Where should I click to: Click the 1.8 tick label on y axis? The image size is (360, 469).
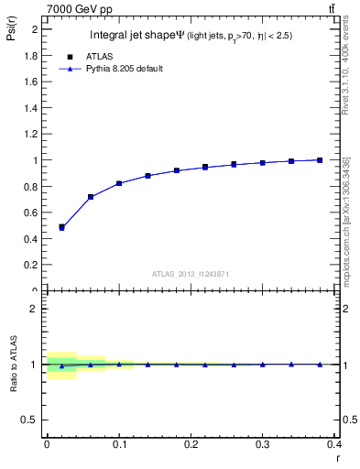tap(31, 55)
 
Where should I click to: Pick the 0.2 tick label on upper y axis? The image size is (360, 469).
tap(31, 265)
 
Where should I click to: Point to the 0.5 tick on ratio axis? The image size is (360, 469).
tap(31, 420)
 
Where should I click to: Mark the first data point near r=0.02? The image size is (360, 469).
tap(61, 227)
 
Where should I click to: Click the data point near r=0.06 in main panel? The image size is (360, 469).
tap(90, 197)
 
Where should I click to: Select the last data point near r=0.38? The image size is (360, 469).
tap(320, 160)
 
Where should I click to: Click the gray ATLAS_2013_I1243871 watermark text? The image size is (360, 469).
tap(191, 273)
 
